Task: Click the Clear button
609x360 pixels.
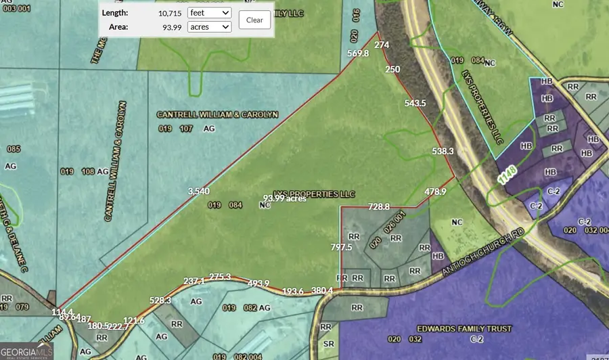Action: point(254,20)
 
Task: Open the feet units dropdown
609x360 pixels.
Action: point(210,13)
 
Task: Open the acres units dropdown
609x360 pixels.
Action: point(210,27)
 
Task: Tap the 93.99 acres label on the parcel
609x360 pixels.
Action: point(284,198)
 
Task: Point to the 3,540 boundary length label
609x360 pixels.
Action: point(198,191)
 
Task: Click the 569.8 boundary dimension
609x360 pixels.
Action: point(357,53)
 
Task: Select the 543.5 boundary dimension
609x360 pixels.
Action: point(415,103)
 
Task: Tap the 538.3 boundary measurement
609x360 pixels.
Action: point(442,152)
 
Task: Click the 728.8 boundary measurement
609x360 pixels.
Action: point(379,206)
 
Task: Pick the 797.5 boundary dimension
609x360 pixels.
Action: point(341,248)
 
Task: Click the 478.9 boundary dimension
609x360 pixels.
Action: point(436,192)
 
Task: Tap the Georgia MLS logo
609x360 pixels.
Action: point(27,351)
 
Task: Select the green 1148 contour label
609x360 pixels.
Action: point(507,177)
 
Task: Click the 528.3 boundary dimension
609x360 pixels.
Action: point(160,300)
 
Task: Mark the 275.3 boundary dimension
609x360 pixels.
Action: point(220,277)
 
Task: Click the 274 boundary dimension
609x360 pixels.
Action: point(382,45)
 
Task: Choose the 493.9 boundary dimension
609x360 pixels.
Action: point(258,283)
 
